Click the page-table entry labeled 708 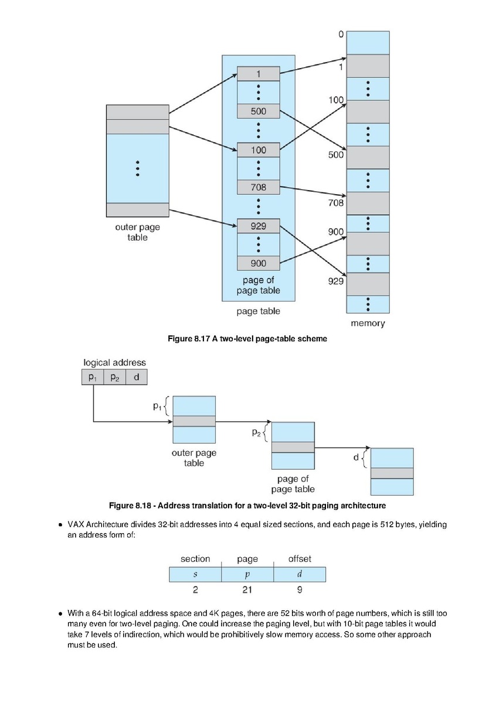tap(259, 187)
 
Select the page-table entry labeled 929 tap(259, 226)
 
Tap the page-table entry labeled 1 tap(259, 74)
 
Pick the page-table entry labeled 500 tap(259, 111)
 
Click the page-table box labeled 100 tap(259, 150)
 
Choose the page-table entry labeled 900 tap(259, 263)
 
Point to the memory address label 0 tap(341, 35)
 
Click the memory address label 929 tap(336, 281)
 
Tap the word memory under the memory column tap(368, 323)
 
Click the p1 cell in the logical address tap(93, 377)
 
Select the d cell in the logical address tap(137, 377)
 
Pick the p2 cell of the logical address tap(115, 377)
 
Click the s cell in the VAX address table tap(195, 574)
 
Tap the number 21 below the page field tap(247, 589)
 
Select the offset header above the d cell tap(300, 559)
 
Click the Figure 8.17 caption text tap(247, 339)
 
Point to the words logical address tap(114, 362)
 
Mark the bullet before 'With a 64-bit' tap(60, 613)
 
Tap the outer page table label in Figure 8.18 tap(194, 458)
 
